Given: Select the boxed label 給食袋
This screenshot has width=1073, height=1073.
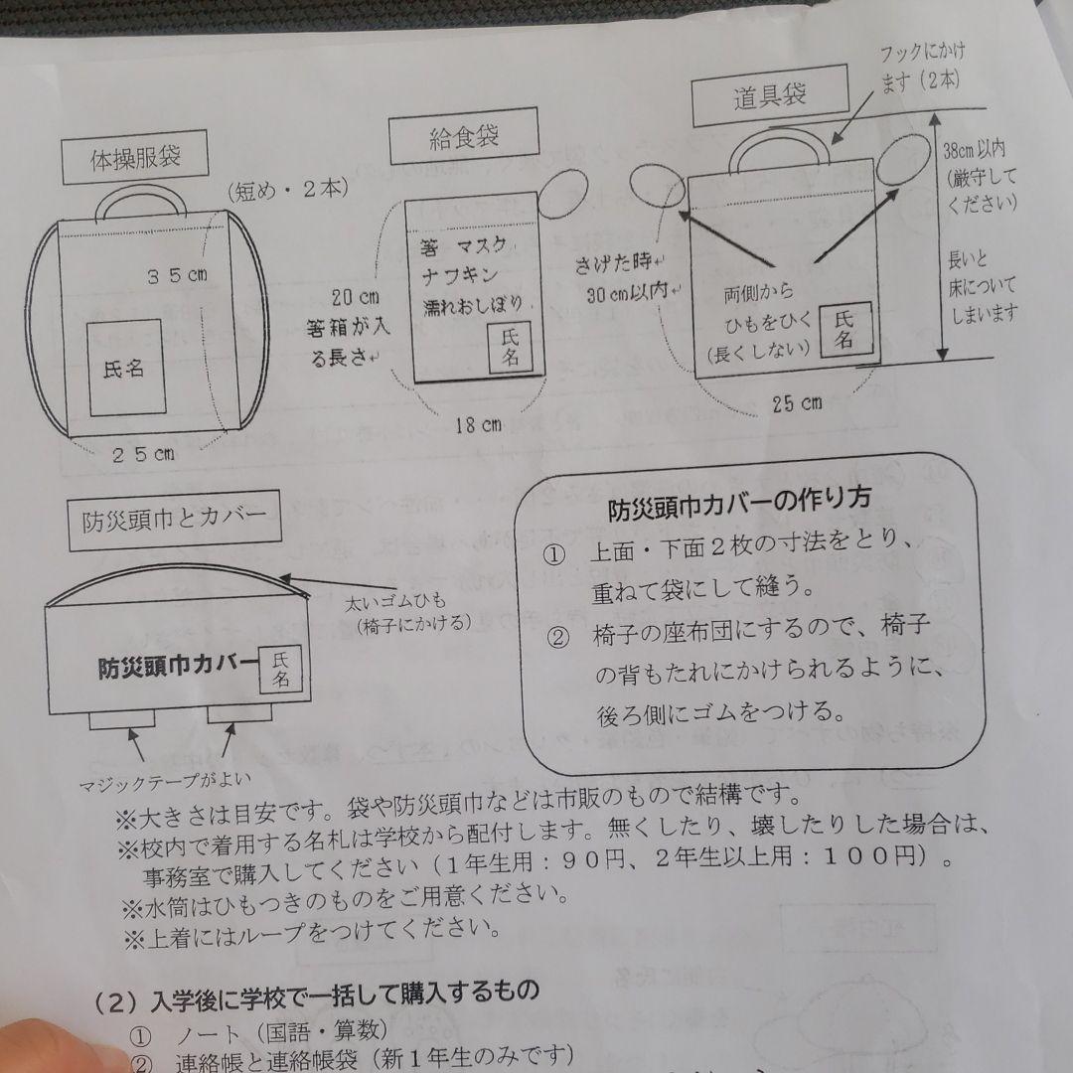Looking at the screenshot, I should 464,139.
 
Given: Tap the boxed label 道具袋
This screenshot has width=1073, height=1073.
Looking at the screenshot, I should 770,96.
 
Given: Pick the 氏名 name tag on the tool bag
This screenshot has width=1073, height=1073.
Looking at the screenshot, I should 843,330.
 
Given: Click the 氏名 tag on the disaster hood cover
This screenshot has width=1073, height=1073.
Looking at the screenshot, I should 281,670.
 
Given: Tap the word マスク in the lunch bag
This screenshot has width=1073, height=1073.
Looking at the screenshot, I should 482,244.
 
